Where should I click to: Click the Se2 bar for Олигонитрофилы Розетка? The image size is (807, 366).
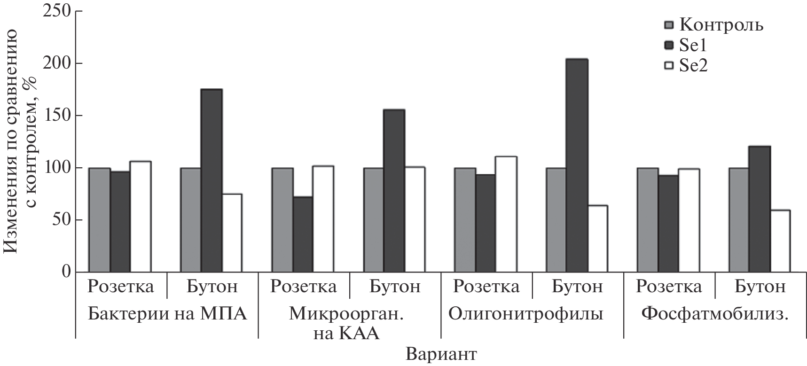(x=506, y=214)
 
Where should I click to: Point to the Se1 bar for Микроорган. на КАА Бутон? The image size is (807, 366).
(x=394, y=191)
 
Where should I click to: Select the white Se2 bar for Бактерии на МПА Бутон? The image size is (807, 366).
(x=231, y=233)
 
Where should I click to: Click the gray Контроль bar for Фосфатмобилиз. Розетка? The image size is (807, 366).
(x=647, y=220)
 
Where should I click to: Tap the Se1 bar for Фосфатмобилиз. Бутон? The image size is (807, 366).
(x=759, y=209)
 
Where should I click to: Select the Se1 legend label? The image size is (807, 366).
(x=693, y=45)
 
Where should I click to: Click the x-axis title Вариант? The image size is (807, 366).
(x=442, y=353)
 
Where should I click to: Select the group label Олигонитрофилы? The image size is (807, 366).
(x=525, y=313)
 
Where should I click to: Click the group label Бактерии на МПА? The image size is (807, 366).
(x=167, y=313)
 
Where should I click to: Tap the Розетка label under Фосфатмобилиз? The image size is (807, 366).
(x=668, y=286)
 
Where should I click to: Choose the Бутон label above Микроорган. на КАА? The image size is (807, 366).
(x=395, y=286)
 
